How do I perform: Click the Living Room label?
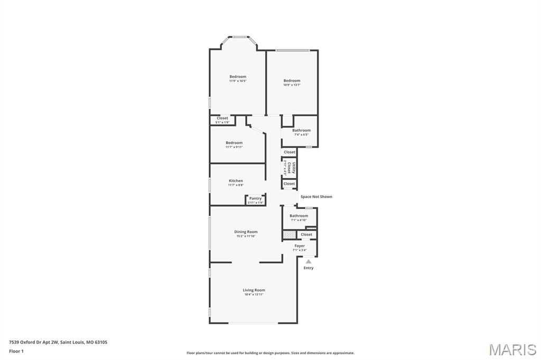point(254,290)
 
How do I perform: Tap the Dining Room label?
point(246,232)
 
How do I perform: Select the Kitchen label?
point(236,181)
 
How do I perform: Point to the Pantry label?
point(255,198)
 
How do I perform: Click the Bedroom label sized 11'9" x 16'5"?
point(238,77)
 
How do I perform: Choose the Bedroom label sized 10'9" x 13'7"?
point(292,81)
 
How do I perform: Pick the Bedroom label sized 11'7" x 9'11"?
point(234,143)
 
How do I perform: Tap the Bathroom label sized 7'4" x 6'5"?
point(301,130)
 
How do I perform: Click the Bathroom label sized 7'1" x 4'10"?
point(299,216)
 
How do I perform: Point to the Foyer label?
point(300,246)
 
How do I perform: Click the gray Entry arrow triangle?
point(309,261)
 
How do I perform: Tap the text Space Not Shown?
point(316,197)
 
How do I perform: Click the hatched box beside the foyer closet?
point(289,234)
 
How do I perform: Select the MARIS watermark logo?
point(512,349)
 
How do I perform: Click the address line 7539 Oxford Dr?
point(58,342)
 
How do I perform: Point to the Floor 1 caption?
point(16,351)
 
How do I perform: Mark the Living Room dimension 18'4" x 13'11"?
point(254,295)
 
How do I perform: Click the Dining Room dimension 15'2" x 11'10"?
point(246,236)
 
